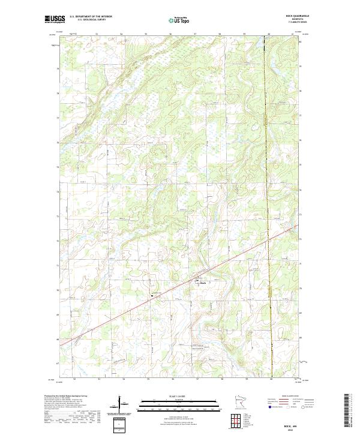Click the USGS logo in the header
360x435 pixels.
(55, 19)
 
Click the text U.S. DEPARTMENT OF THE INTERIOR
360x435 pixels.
(91, 17)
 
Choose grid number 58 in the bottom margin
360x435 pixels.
(222, 379)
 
